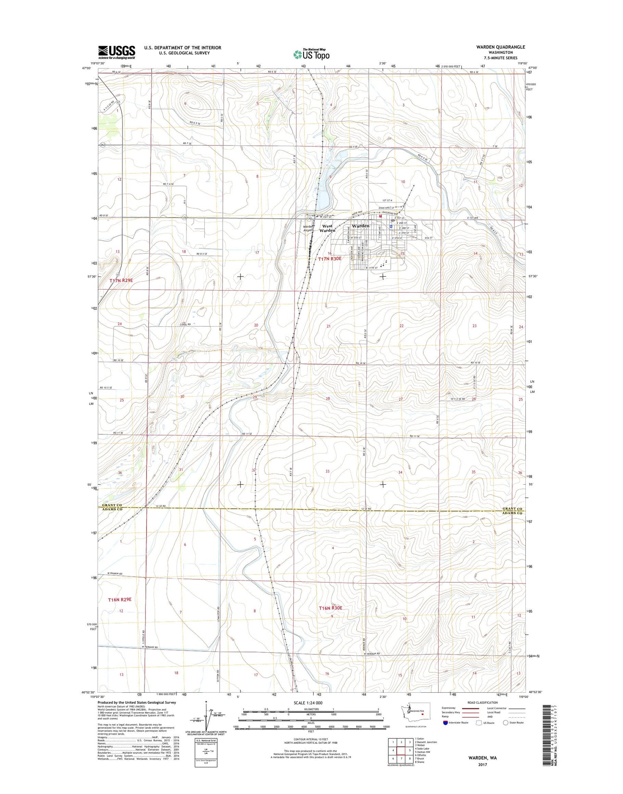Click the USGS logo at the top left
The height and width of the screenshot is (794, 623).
(x=117, y=52)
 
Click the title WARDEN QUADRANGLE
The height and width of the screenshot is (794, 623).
(x=500, y=47)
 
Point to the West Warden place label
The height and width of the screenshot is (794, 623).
(x=327, y=228)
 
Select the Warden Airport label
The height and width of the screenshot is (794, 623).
(x=308, y=228)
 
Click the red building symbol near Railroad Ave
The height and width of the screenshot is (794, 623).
(x=380, y=216)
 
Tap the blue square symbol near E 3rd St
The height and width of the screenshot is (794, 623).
(x=391, y=227)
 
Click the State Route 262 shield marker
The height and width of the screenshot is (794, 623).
(x=103, y=145)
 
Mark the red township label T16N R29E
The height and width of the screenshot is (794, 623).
(x=120, y=600)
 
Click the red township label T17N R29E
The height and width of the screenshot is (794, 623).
(x=121, y=281)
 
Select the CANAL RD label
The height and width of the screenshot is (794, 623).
(x=185, y=324)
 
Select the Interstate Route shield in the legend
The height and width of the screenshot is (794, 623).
(x=446, y=723)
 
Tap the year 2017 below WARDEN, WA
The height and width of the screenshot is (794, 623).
(x=482, y=765)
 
